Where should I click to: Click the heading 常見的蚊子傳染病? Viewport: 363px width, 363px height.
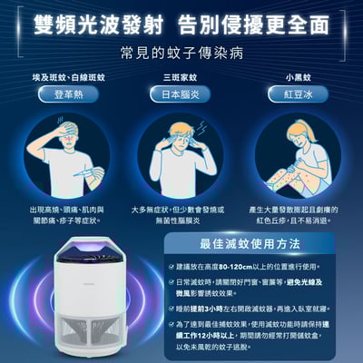[181, 52]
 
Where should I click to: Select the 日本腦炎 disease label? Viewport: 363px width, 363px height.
[181, 94]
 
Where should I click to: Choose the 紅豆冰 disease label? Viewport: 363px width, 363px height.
[298, 94]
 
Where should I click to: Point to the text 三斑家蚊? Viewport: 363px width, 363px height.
[181, 78]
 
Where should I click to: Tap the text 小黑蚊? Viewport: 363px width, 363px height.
[298, 78]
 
